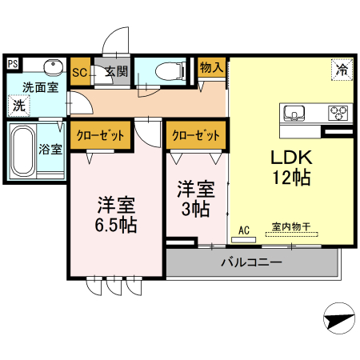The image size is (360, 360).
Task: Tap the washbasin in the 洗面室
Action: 53,66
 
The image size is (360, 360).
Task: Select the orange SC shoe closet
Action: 80,71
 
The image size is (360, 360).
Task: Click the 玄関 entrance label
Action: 115,72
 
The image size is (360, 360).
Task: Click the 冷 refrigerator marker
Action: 341,70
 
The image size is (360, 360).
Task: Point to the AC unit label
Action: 244,230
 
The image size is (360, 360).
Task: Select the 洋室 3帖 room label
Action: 195,198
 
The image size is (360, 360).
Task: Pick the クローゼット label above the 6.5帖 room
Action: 100,134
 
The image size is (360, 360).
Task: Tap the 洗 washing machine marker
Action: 17,104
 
